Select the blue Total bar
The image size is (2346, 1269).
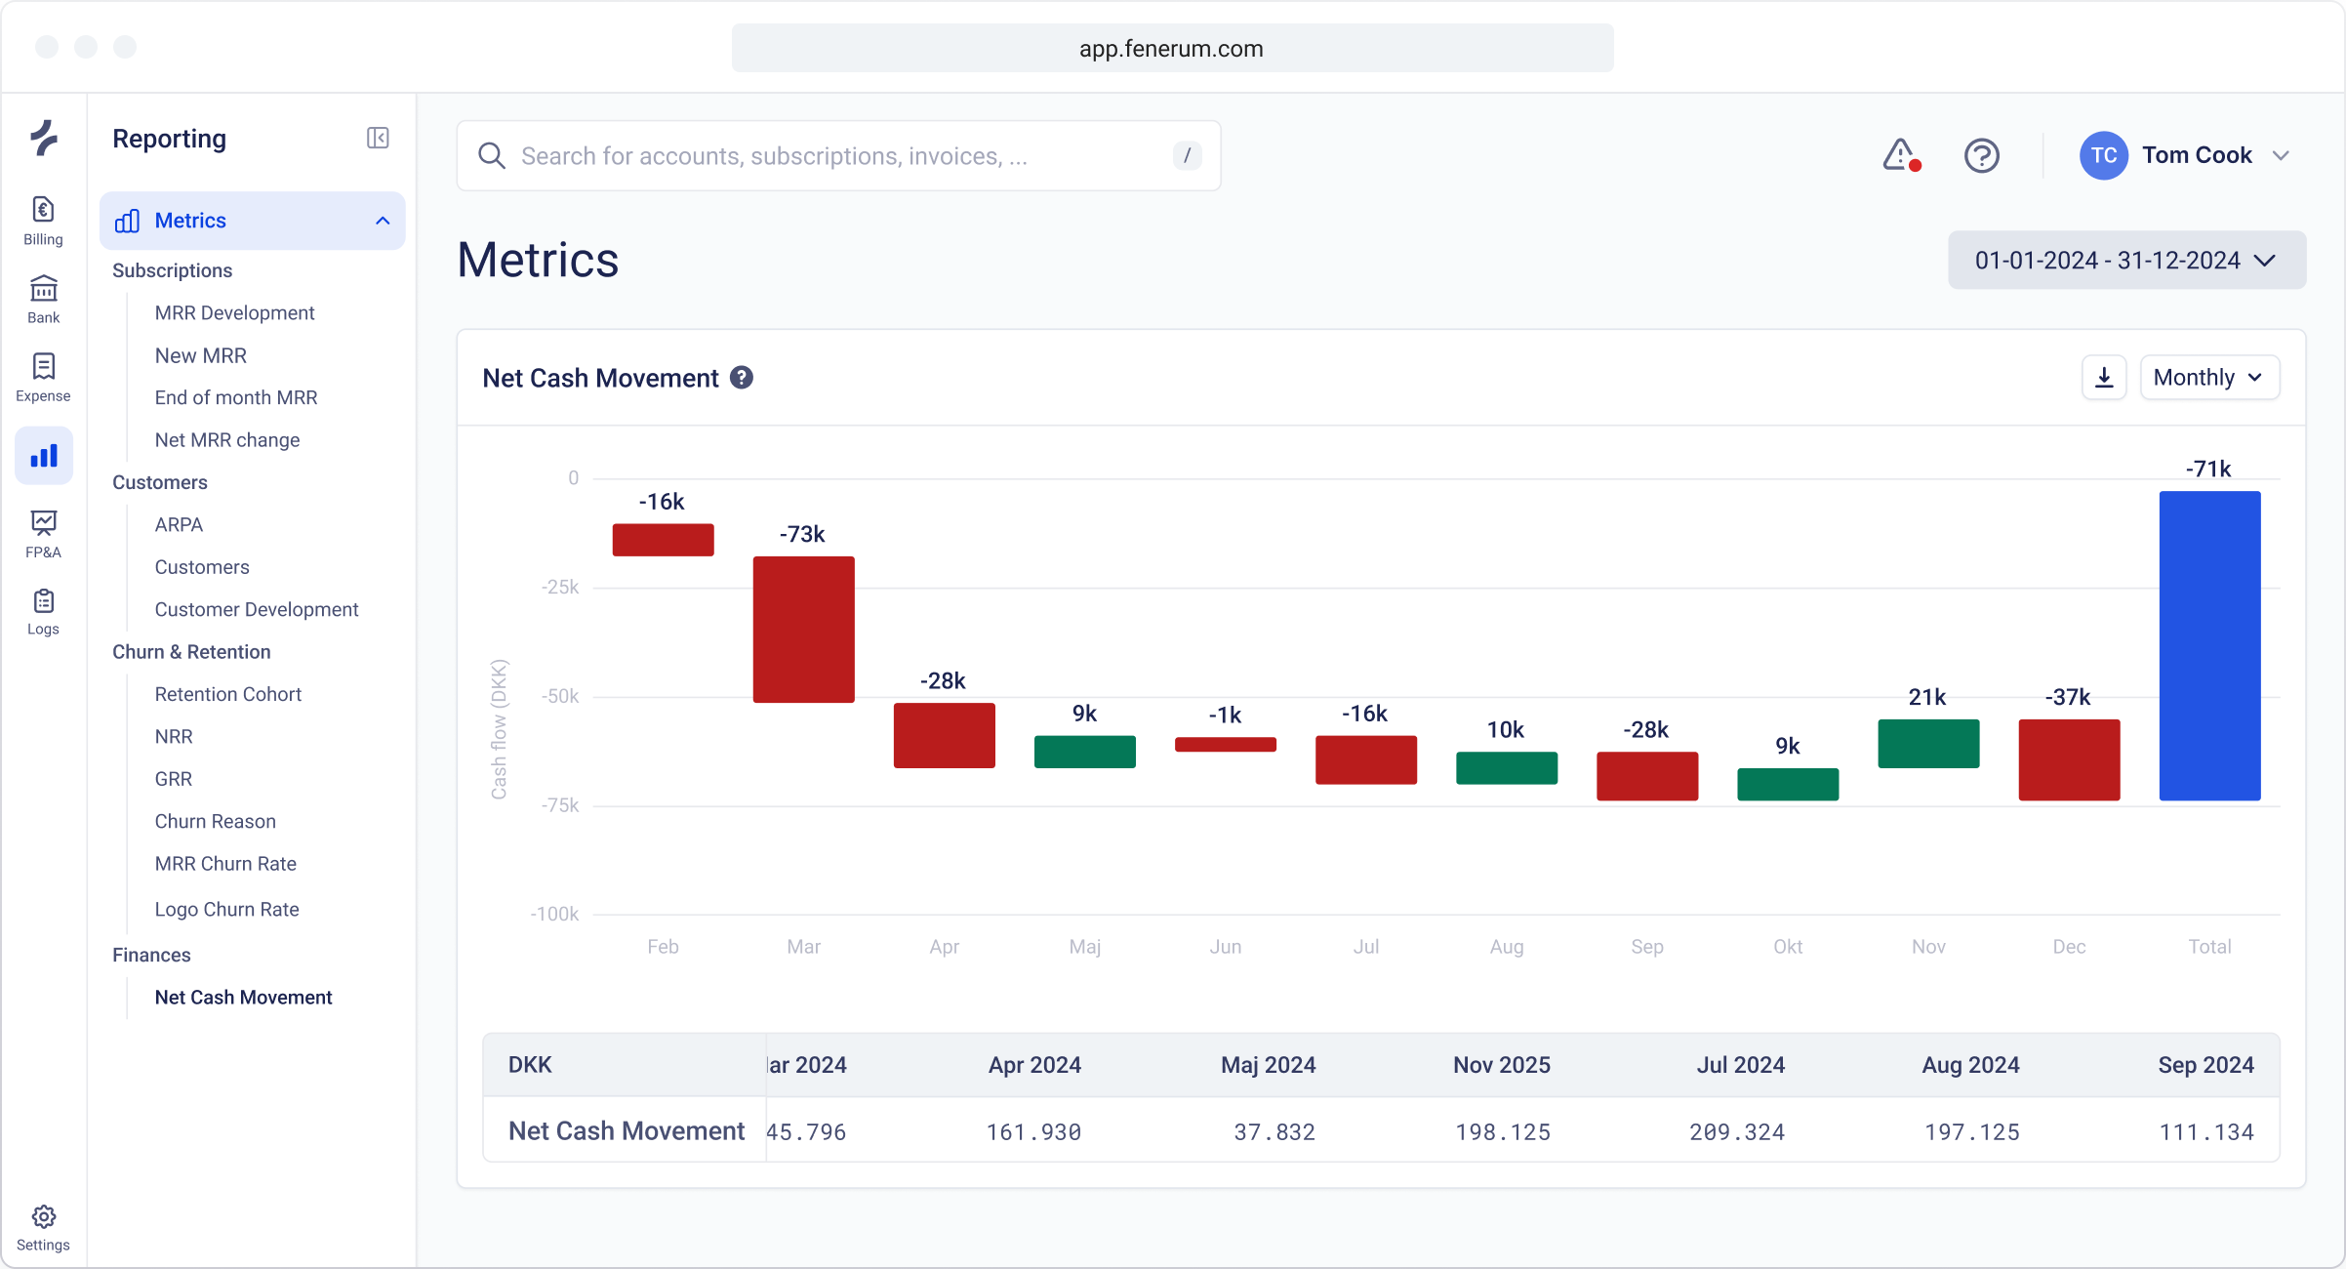tap(2209, 645)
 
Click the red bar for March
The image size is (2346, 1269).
tap(803, 630)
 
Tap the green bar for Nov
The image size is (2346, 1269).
tap(1928, 744)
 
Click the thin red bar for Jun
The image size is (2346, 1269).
tap(1225, 745)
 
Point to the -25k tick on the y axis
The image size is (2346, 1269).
tap(560, 587)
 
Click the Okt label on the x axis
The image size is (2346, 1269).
tap(1787, 946)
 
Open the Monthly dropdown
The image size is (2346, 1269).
tap(2208, 378)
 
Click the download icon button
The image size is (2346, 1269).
tap(2104, 378)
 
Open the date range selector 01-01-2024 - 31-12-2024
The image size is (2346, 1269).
tap(2126, 261)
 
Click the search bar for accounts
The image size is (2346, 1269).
tap(839, 156)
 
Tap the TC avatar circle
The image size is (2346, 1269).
tap(2103, 156)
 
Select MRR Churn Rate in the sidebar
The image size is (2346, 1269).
tap(225, 864)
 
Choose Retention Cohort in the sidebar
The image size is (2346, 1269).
tap(227, 694)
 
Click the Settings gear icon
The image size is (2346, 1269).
tap(43, 1217)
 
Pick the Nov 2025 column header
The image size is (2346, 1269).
tap(1501, 1065)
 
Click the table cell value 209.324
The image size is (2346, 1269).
tap(1736, 1132)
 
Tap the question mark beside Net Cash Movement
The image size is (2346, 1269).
tap(742, 378)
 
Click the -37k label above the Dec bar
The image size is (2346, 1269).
tap(2068, 697)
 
